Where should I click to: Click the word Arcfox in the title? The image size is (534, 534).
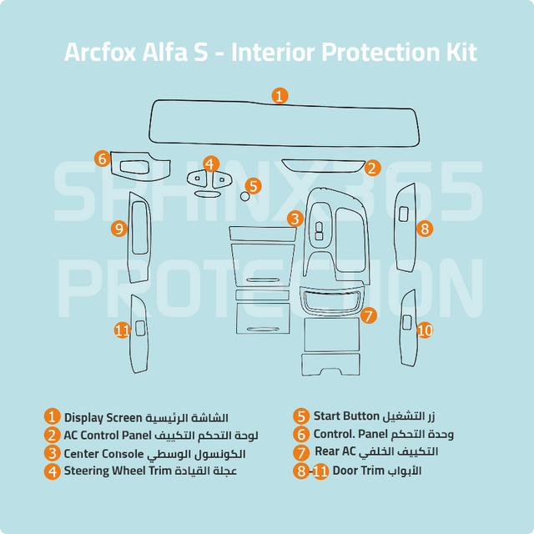click(x=100, y=53)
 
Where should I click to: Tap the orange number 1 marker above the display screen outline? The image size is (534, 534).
click(x=280, y=96)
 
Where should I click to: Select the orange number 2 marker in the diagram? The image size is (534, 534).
click(x=372, y=168)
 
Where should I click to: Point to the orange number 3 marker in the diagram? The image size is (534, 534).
click(x=295, y=219)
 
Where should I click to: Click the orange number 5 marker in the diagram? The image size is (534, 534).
click(x=253, y=186)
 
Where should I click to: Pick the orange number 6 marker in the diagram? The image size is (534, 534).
click(x=102, y=159)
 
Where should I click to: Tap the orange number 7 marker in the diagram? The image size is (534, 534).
click(x=369, y=315)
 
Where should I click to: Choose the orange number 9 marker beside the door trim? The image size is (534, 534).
click(x=118, y=229)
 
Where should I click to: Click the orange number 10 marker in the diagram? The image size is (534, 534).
click(x=425, y=330)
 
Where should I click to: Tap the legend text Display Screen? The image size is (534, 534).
click(x=103, y=418)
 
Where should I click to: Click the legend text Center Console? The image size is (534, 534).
click(x=103, y=454)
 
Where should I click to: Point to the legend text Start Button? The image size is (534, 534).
click(x=346, y=416)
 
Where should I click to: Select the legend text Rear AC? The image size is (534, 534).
click(x=335, y=451)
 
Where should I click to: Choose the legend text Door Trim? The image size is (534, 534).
click(x=358, y=471)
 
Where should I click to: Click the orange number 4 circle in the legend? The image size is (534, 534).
click(x=52, y=471)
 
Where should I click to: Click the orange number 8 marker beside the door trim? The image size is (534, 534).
click(x=425, y=229)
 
